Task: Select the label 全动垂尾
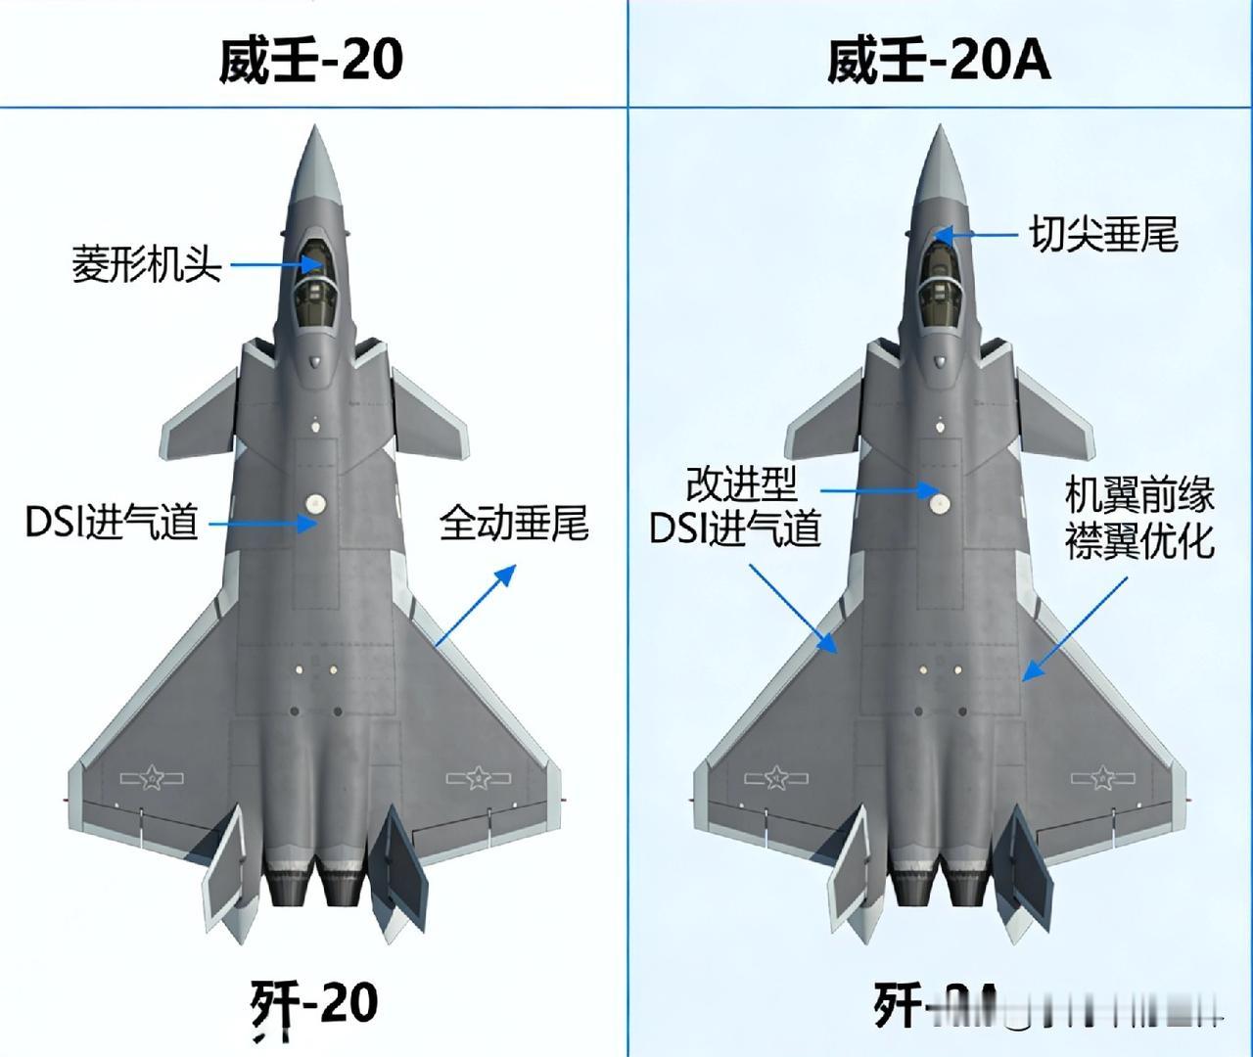point(514,524)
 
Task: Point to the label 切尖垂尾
point(1103,235)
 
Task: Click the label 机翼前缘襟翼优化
point(1139,519)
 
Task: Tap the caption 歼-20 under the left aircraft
point(313,1005)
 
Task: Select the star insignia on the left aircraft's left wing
point(152,778)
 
